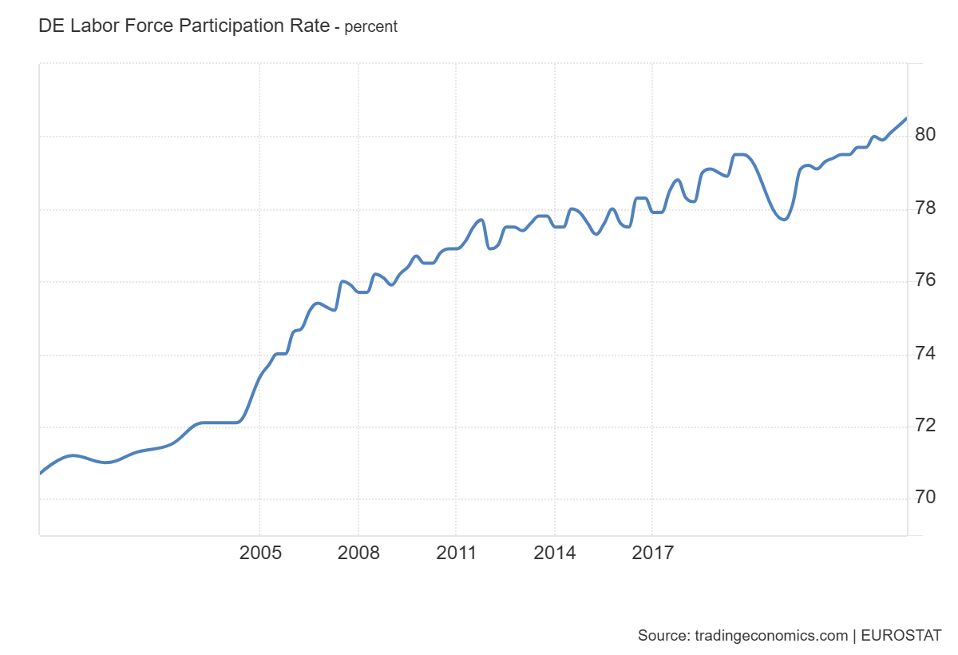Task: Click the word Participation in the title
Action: (x=231, y=26)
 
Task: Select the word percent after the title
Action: (x=370, y=26)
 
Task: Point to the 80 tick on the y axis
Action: (x=925, y=134)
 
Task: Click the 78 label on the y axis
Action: (x=925, y=208)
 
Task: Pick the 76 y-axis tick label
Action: (x=925, y=280)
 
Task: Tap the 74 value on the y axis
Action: (x=925, y=353)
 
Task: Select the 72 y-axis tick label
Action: (x=925, y=425)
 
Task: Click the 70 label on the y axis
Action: (x=925, y=498)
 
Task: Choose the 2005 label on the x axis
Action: (x=260, y=553)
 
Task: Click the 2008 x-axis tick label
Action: (x=358, y=553)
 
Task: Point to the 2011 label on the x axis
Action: (x=457, y=553)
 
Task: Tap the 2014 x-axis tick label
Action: (x=555, y=553)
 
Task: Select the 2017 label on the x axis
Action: (x=653, y=553)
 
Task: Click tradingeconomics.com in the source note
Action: (x=770, y=636)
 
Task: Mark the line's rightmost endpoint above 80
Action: (x=906, y=118)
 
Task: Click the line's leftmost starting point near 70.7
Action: (x=41, y=474)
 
